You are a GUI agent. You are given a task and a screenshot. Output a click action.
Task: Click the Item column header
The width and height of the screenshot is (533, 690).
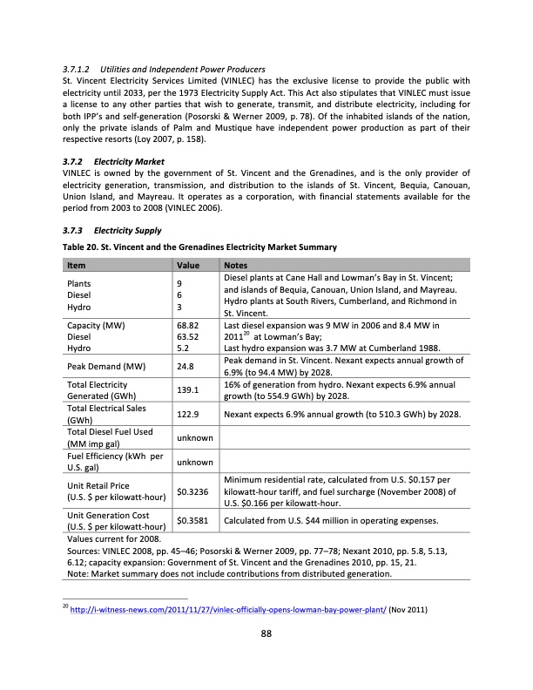point(76,265)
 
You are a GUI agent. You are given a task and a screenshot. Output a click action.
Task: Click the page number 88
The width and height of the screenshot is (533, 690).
point(266,633)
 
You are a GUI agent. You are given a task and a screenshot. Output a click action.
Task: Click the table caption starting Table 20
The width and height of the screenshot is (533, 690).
point(200,248)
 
